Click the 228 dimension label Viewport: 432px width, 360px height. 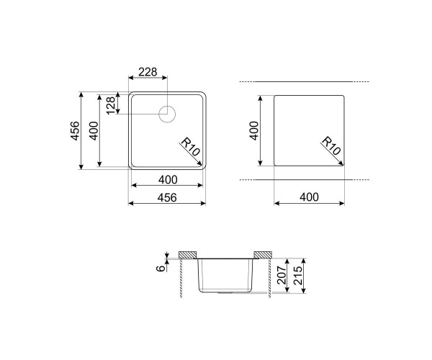pos(148,72)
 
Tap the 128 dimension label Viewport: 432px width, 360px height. pos(111,106)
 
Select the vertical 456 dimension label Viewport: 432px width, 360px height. pos(76,131)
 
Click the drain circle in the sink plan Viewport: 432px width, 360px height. pos(167,114)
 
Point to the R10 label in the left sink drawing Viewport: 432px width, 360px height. pos(190,147)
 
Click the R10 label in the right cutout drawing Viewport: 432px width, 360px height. pos(331,145)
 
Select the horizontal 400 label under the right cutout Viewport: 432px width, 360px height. pos(309,197)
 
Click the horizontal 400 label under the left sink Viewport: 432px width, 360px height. pos(168,180)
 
